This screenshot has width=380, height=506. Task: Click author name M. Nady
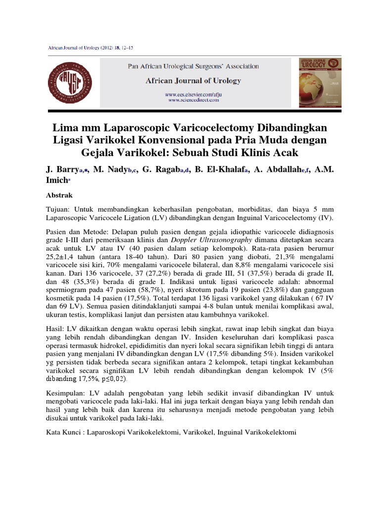click(x=112, y=169)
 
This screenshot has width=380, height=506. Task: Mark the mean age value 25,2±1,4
click(x=62, y=258)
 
